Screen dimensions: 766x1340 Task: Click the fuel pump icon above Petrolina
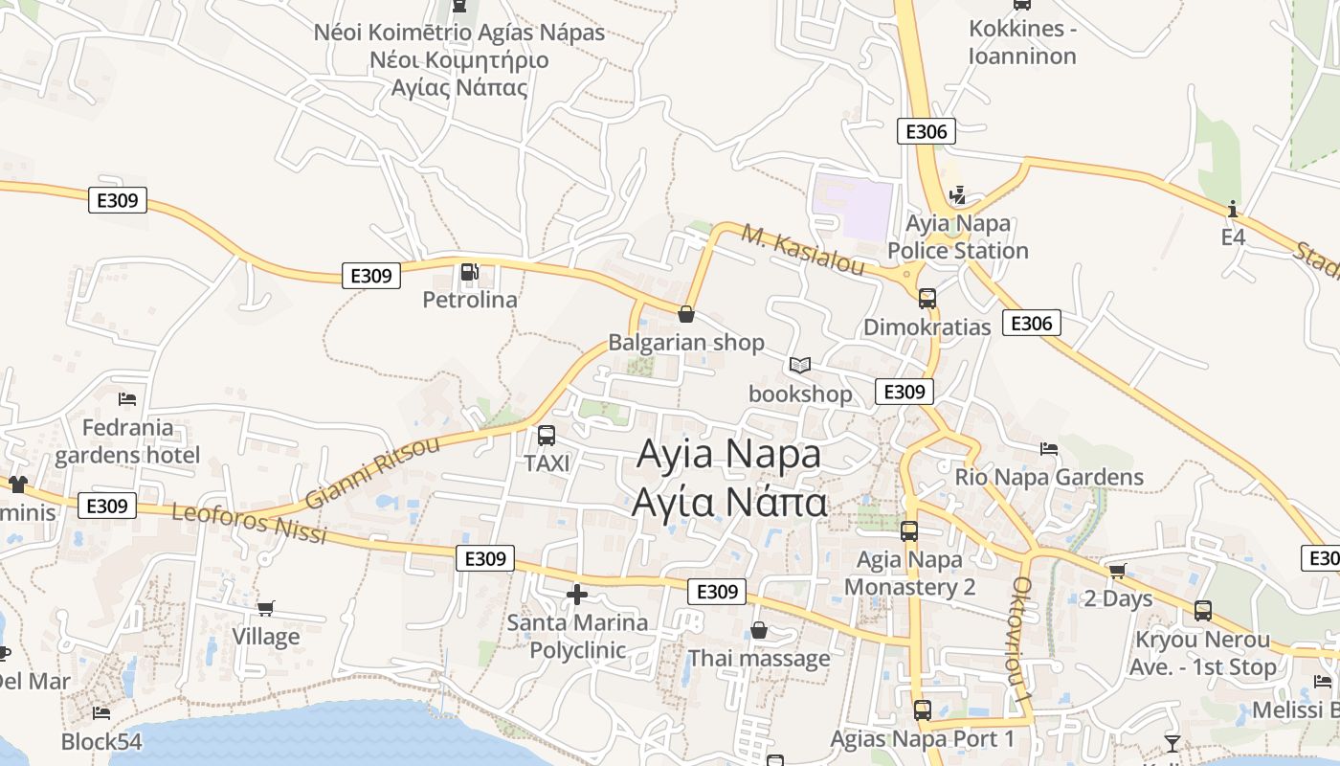click(x=469, y=272)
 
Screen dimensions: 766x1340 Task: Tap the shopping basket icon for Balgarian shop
click(x=686, y=313)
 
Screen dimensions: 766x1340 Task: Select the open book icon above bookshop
click(x=800, y=365)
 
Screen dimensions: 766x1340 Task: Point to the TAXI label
click(x=547, y=463)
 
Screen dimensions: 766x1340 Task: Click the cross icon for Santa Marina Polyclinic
click(x=577, y=595)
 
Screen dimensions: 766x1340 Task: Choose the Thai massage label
click(x=759, y=659)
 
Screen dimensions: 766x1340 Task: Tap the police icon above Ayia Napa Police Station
click(x=957, y=195)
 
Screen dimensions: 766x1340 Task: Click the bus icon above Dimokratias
click(x=927, y=298)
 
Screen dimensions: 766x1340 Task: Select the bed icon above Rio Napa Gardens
click(x=1049, y=448)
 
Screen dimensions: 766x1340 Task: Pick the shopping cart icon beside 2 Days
click(x=1117, y=572)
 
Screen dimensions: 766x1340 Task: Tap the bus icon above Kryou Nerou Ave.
click(x=1202, y=610)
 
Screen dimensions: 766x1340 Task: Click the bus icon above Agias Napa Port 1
click(x=922, y=710)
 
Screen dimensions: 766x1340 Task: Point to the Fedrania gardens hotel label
click(x=127, y=441)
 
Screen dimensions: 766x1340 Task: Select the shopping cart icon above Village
click(x=266, y=608)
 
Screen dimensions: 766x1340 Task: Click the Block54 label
click(x=101, y=742)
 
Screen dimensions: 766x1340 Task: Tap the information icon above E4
click(x=1233, y=209)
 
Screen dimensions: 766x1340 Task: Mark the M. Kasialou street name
click(x=802, y=250)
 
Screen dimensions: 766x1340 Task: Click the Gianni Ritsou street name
click(x=372, y=472)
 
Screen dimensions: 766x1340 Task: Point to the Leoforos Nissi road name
click(x=249, y=523)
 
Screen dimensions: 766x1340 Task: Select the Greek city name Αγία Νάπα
click(x=729, y=502)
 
